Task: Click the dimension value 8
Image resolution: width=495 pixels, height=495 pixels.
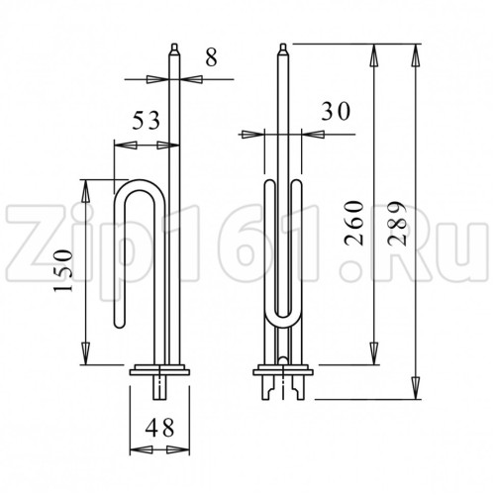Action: click(211, 57)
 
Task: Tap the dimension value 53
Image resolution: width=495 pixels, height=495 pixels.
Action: click(146, 121)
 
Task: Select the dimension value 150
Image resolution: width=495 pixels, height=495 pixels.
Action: click(62, 271)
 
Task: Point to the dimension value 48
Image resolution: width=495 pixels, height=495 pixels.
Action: click(159, 428)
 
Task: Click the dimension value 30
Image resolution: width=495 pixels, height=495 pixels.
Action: click(336, 111)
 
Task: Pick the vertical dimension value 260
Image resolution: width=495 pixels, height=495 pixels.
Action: click(353, 223)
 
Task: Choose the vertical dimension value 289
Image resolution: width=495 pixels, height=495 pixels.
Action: click(396, 223)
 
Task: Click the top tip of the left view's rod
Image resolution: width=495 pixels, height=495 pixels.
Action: click(174, 45)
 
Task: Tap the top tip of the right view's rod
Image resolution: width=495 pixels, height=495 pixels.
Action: click(283, 45)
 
